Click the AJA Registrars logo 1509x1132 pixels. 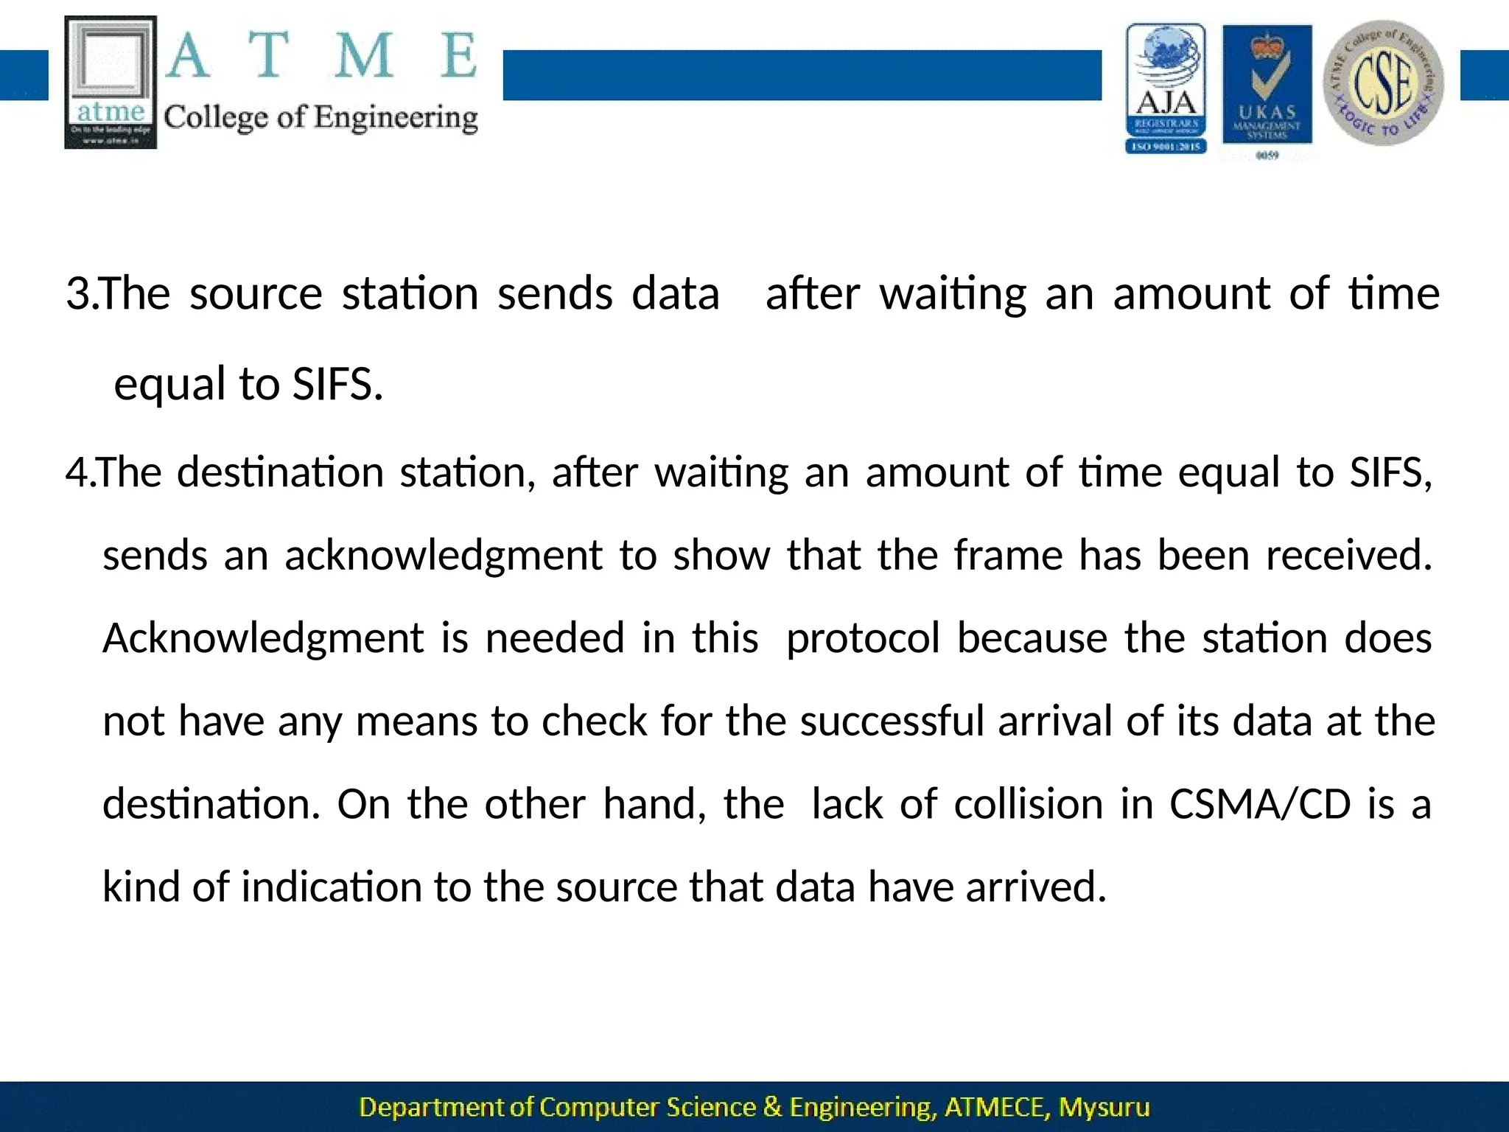[x=1166, y=88]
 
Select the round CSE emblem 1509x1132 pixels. [x=1383, y=83]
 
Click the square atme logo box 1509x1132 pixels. [x=111, y=83]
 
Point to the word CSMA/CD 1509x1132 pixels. [x=1260, y=804]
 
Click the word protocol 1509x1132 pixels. [x=863, y=638]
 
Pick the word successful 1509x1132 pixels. [x=892, y=721]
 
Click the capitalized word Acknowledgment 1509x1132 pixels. [x=263, y=638]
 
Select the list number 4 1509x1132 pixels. [x=77, y=472]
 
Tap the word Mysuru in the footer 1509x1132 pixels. [x=1103, y=1107]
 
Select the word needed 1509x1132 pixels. [x=555, y=638]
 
